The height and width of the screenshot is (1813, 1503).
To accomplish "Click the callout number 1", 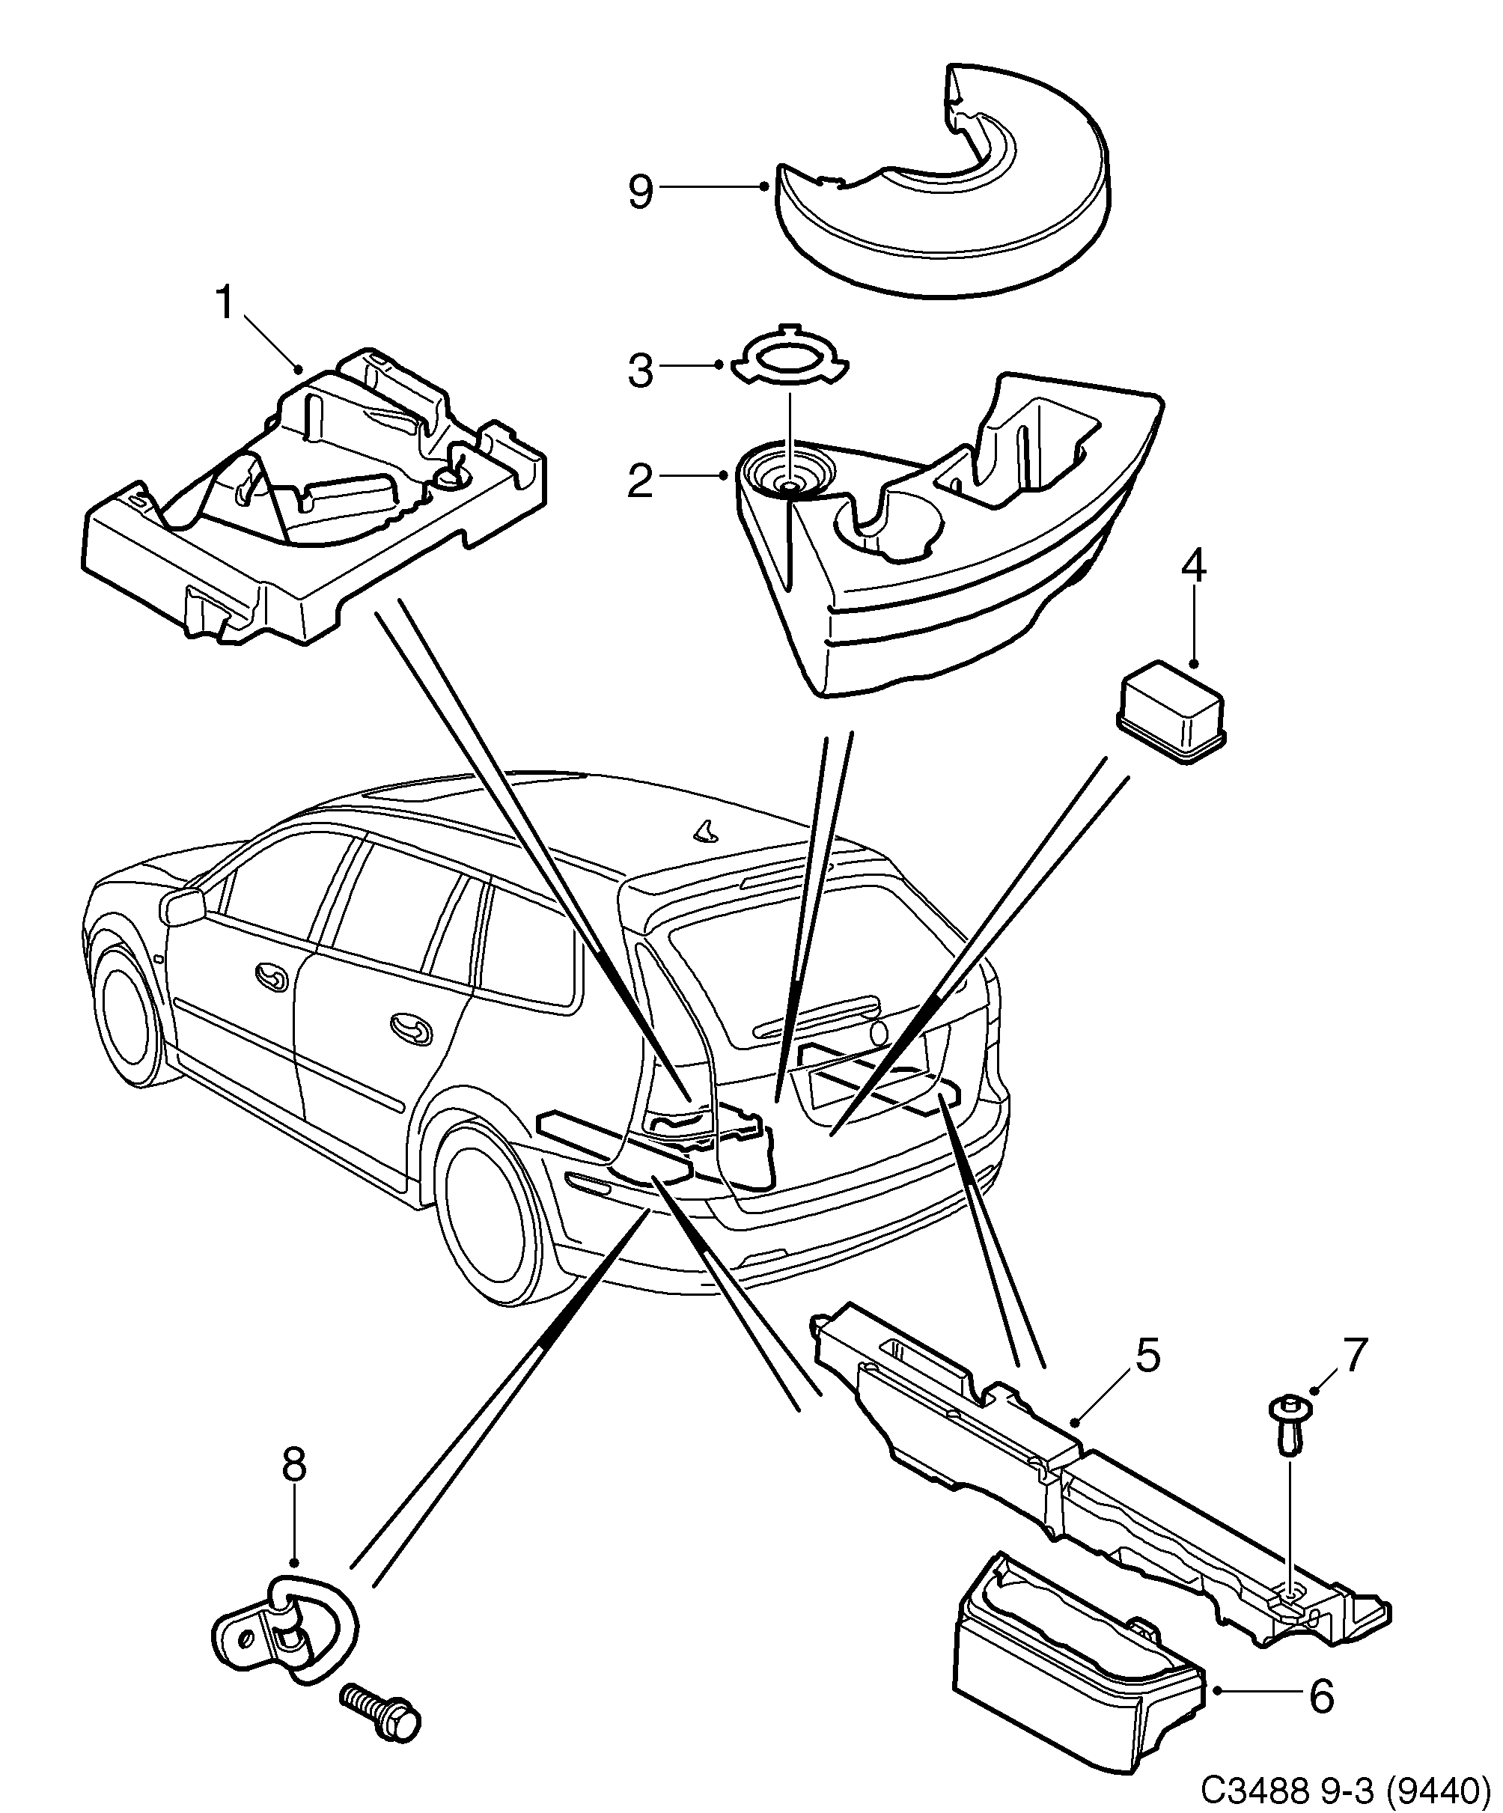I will coord(225,304).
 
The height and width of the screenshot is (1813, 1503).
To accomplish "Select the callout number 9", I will coord(641,192).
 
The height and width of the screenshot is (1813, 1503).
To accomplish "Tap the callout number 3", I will coord(641,371).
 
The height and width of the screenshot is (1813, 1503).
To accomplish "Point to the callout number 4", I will coord(1193,567).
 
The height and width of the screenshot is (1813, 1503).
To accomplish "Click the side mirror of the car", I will coord(182,906).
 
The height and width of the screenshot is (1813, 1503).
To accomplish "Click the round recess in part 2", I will coord(790,477).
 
